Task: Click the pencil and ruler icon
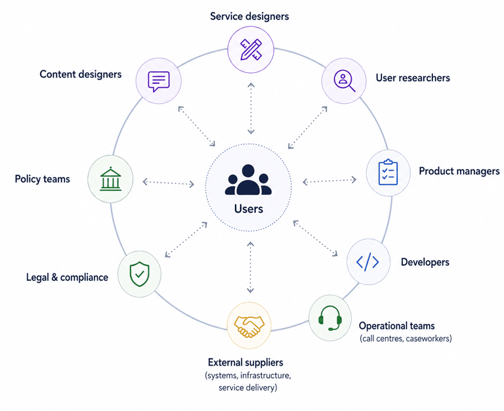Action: pos(251,49)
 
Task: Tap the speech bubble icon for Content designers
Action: pos(158,81)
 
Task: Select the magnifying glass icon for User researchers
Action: pos(345,81)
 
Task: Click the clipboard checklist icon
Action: pos(388,173)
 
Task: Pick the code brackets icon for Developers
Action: pos(367,262)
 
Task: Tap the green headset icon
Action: pos(330,318)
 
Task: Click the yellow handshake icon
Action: pos(249,326)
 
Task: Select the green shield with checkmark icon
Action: pos(140,274)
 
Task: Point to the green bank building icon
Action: pos(110,179)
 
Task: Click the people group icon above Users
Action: pos(248,180)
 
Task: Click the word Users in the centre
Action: pos(249,209)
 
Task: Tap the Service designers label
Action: pos(249,16)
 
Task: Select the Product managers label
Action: pos(459,171)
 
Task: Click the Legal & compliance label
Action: pos(67,277)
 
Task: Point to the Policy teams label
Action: pos(43,179)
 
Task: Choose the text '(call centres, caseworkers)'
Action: pos(406,338)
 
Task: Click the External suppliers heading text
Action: pos(245,362)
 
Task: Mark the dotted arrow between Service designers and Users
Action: pos(251,108)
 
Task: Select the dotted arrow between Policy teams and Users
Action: pos(169,183)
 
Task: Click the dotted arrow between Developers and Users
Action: pos(315,238)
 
